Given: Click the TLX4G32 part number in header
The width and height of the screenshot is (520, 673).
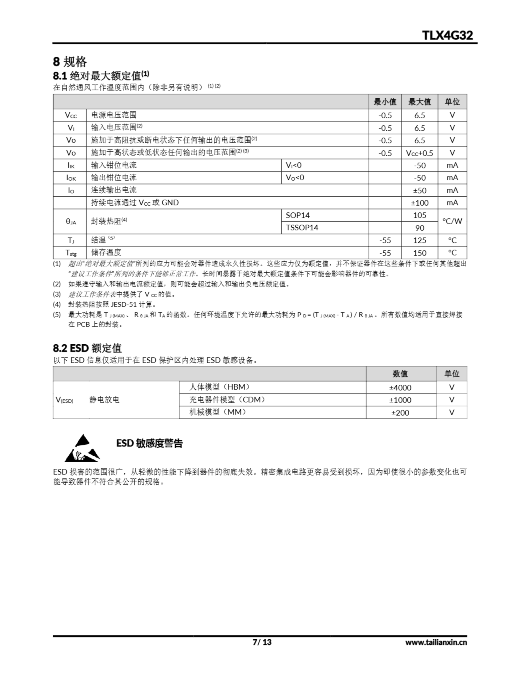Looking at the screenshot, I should click(x=447, y=35).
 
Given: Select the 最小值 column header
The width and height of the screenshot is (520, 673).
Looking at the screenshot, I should click(x=385, y=102).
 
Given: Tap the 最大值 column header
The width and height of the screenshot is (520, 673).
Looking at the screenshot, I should click(x=419, y=102).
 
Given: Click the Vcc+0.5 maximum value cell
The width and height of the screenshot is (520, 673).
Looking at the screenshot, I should click(x=419, y=153).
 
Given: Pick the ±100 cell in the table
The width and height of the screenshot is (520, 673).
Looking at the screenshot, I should click(x=420, y=203).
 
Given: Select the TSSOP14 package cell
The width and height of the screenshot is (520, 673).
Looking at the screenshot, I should click(x=302, y=228).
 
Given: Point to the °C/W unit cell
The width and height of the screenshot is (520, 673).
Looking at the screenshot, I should click(x=452, y=221).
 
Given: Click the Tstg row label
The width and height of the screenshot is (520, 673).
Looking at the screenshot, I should click(x=71, y=253).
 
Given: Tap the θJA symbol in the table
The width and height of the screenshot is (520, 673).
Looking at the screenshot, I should click(x=71, y=221).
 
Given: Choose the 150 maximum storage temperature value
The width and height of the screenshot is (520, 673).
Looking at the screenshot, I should click(x=420, y=253).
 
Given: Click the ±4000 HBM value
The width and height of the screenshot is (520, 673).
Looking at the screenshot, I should click(x=400, y=387).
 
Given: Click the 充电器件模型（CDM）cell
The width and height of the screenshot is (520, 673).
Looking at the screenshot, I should click(x=227, y=400).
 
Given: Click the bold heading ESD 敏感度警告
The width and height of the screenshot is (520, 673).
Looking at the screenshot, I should click(x=150, y=443).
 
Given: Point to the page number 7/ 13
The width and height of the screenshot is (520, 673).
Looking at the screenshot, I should click(x=262, y=642).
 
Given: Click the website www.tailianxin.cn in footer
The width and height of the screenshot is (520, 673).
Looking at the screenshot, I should click(x=436, y=642).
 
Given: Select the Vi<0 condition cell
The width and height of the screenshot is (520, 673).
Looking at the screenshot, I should click(x=293, y=165).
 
